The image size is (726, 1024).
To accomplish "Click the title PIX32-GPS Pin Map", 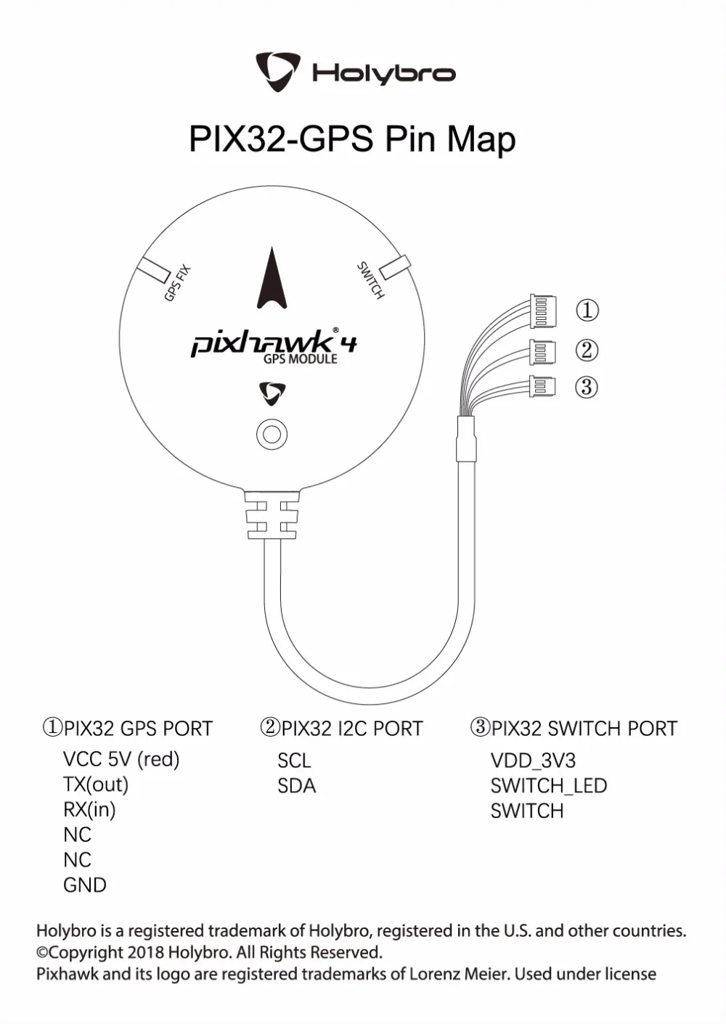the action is point(353,139).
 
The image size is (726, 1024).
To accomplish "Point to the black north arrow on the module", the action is point(272,278).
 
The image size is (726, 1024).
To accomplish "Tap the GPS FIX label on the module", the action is point(177,284).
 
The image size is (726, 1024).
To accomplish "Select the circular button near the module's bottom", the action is point(272,434).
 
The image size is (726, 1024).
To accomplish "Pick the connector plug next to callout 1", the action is point(543,311).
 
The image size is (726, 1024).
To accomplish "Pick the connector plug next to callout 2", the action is point(542,352).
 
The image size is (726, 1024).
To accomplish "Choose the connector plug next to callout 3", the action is point(542,387).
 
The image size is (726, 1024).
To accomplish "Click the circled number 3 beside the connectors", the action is point(587,388).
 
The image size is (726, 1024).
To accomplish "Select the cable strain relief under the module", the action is point(272,515).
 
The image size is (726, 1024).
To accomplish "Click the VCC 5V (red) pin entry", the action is point(121,759).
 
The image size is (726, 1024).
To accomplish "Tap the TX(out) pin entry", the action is point(96,785).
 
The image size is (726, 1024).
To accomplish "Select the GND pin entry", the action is point(84,885).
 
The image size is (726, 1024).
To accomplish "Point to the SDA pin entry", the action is point(297,786).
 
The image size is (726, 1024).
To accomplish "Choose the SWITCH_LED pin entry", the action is point(549,786).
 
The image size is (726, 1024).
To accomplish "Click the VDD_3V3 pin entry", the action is point(533,761).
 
